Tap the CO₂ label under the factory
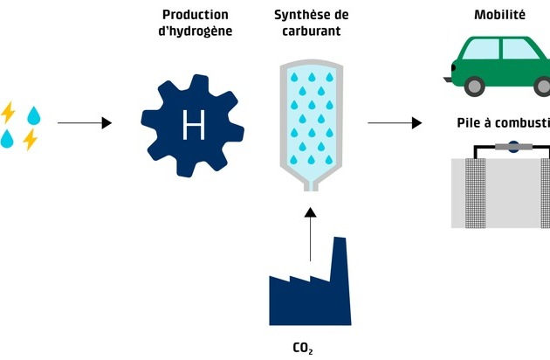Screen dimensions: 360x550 click(x=302, y=348)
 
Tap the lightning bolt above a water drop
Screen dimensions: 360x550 click(x=9, y=113)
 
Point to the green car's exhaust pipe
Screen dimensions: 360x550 click(x=447, y=80)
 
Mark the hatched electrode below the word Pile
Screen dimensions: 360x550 click(x=472, y=192)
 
